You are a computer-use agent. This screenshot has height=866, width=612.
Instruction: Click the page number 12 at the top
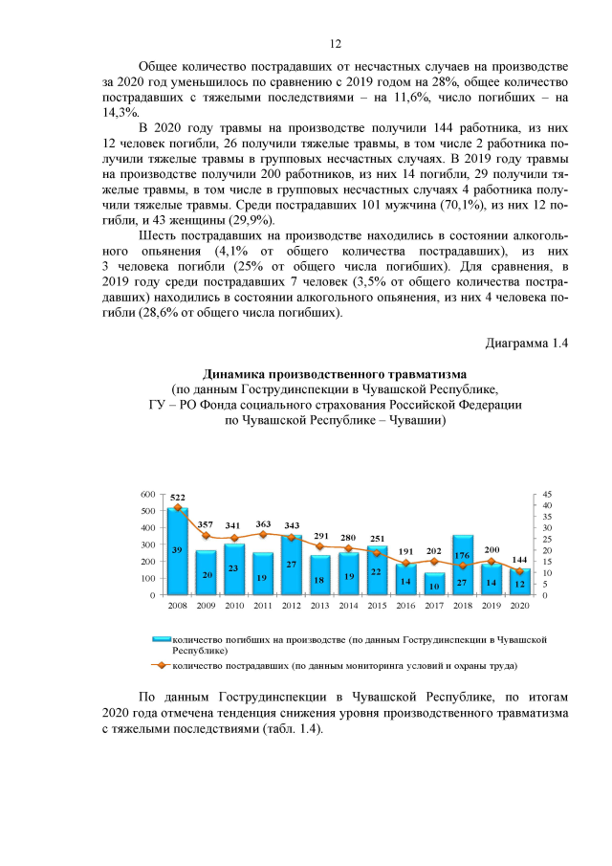coord(336,44)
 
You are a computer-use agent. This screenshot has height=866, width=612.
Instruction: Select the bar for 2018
coord(463,566)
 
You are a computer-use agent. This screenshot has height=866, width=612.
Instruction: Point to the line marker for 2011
coord(263,534)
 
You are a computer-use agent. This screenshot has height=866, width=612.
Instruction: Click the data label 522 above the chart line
coord(178,498)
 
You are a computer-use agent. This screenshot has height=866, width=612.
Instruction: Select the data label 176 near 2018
coord(462,528)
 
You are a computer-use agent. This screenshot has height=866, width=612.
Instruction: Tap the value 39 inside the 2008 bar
coord(178,550)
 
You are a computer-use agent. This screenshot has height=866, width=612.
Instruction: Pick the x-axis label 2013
coord(320,607)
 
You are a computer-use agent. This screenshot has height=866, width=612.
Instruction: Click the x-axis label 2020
coord(519,607)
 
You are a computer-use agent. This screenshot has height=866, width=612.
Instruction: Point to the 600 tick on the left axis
coord(147,494)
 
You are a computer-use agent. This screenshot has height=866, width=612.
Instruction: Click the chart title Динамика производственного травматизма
coord(335,373)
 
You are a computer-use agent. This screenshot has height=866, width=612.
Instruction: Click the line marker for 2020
coord(519,571)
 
